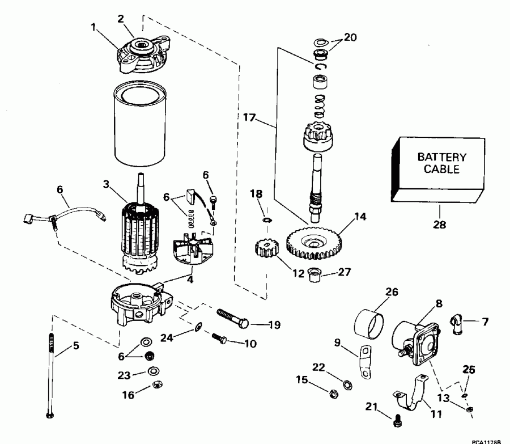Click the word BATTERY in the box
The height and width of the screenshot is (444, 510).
(442, 157)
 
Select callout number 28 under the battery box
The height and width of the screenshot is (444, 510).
(439, 224)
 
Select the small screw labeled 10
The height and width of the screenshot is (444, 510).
(219, 339)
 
